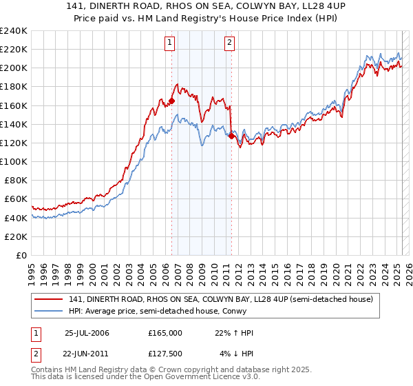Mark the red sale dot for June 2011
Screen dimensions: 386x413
point(231,136)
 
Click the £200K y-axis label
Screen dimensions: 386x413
point(14,68)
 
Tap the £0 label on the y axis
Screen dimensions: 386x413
point(21,255)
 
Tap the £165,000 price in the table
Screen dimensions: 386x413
point(165,333)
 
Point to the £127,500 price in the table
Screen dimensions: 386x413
point(165,354)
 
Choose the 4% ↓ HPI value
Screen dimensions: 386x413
point(237,354)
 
